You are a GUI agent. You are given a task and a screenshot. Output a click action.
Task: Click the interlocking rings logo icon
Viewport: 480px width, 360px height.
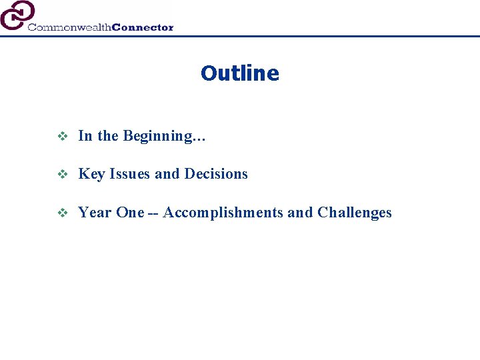pyautogui.click(x=17, y=15)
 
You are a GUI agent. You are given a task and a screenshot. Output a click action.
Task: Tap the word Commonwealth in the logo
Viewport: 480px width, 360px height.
pyautogui.click(x=69, y=27)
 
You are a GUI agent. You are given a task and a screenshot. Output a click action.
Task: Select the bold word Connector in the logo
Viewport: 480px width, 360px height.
pyautogui.click(x=143, y=27)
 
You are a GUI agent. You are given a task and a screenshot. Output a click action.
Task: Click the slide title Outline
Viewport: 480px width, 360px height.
pyautogui.click(x=239, y=73)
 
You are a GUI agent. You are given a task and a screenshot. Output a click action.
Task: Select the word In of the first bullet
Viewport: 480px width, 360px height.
pyautogui.click(x=85, y=136)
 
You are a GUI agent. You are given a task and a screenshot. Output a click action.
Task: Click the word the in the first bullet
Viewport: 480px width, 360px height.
pyautogui.click(x=107, y=136)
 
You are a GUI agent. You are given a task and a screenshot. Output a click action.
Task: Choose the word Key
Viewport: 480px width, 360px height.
pyautogui.click(x=91, y=175)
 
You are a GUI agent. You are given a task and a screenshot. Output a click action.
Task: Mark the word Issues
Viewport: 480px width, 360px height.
pyautogui.click(x=130, y=174)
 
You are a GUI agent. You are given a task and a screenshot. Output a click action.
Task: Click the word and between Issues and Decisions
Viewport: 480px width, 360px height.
pyautogui.click(x=167, y=174)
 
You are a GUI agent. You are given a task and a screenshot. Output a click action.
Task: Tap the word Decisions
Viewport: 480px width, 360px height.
pyautogui.click(x=215, y=174)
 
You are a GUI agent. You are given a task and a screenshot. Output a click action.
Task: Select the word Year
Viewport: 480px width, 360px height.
pyautogui.click(x=95, y=213)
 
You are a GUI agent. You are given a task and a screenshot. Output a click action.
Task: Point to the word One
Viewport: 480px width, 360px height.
pyautogui.click(x=129, y=213)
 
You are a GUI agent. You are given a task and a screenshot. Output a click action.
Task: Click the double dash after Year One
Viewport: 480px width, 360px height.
pyautogui.click(x=153, y=213)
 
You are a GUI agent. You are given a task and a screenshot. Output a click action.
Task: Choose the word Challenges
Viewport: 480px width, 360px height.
pyautogui.click(x=355, y=213)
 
